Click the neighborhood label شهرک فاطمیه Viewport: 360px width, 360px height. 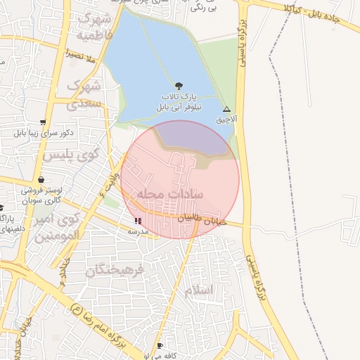(95, 25)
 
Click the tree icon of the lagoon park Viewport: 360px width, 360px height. (178, 84)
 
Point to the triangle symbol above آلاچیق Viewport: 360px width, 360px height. (226, 110)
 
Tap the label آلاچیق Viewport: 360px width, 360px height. (226, 120)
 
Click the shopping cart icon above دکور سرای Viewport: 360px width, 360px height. (44, 122)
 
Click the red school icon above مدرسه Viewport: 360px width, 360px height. (137, 221)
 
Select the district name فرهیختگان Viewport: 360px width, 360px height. (115, 269)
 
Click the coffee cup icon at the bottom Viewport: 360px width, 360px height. (160, 346)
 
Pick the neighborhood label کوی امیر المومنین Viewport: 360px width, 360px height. (60, 229)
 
